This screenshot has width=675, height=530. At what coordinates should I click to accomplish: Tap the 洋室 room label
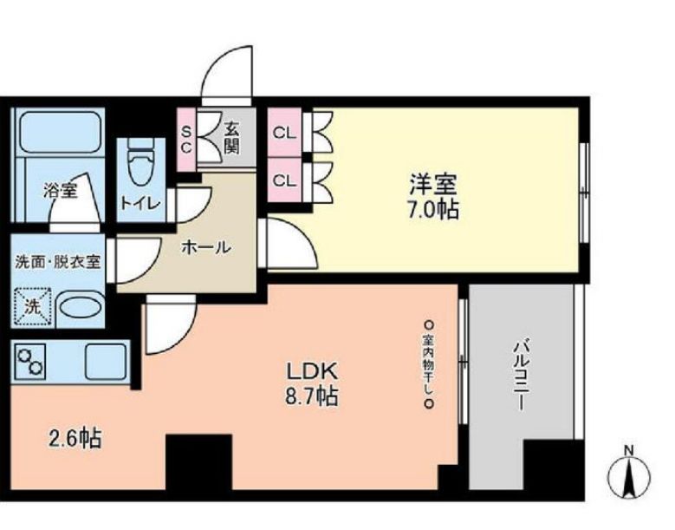[x=433, y=184]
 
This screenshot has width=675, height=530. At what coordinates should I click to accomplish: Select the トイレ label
[x=139, y=204]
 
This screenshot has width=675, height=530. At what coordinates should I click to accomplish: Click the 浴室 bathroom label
[x=61, y=191]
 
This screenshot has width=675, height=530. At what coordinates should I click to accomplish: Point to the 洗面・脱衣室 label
[x=57, y=262]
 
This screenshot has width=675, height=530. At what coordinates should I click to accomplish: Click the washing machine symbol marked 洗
[x=32, y=306]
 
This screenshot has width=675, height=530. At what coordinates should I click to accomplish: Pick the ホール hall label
[x=205, y=247]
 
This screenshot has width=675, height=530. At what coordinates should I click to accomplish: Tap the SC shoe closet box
[x=186, y=138]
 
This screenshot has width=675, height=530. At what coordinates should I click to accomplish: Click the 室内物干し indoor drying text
[x=428, y=363]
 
